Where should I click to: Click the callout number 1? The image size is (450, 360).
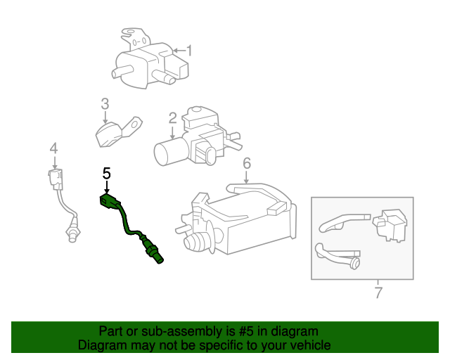click(x=188, y=51)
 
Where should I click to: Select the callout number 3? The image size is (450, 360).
click(x=105, y=104)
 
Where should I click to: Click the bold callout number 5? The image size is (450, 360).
click(x=107, y=173)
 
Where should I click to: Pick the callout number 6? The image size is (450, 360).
click(x=247, y=164)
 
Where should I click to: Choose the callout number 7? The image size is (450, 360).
click(x=378, y=292)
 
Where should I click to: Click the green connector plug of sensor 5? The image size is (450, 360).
click(x=110, y=202)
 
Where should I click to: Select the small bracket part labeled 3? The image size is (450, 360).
click(x=112, y=133)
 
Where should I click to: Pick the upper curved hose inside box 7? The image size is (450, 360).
click(x=341, y=222)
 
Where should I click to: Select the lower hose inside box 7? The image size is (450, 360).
click(x=337, y=256)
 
